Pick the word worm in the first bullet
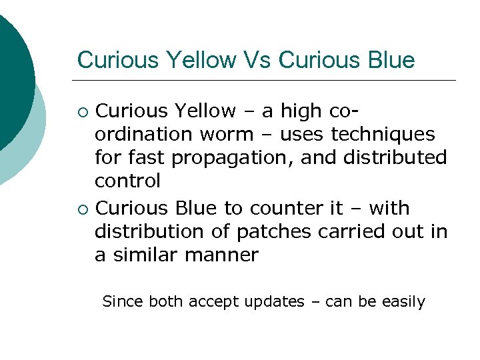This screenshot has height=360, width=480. click(x=225, y=134)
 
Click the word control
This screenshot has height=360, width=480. click(x=127, y=181)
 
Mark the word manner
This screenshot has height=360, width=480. click(x=225, y=255)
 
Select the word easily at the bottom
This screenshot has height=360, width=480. click(x=403, y=302)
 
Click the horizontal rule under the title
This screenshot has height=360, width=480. click(x=267, y=80)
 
